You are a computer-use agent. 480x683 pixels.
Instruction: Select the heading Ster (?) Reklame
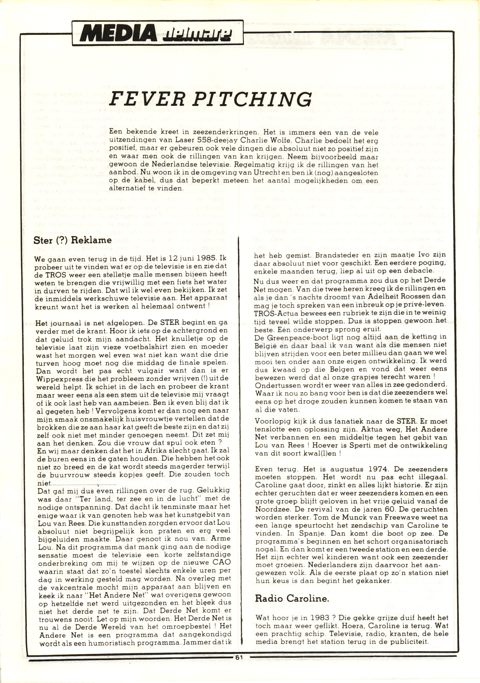(73, 240)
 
